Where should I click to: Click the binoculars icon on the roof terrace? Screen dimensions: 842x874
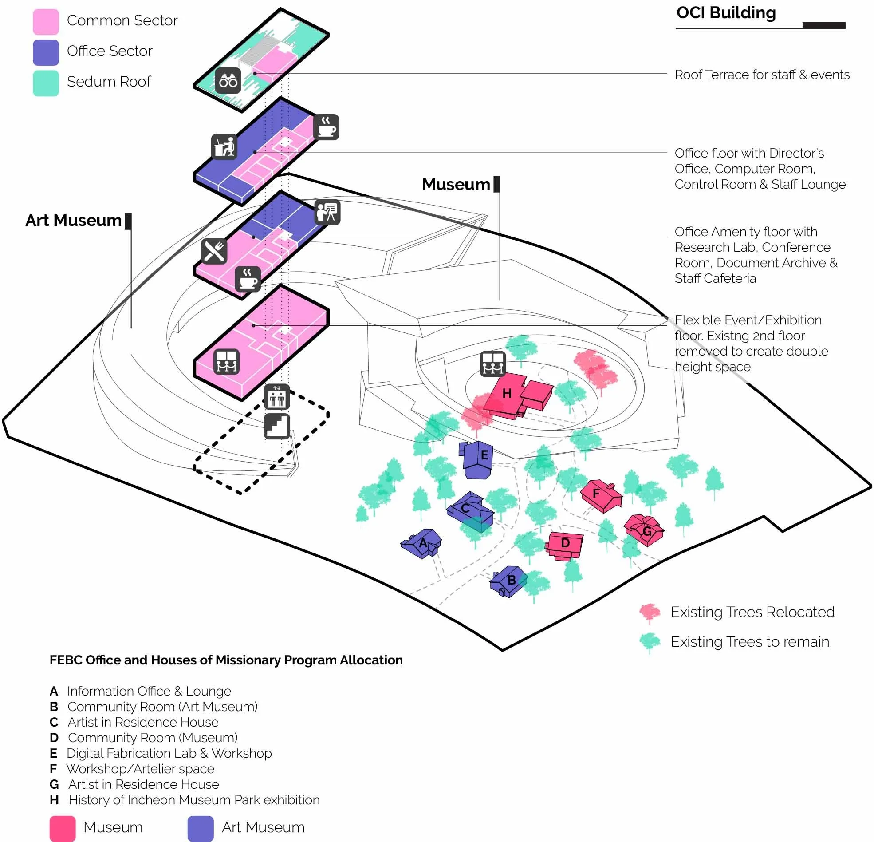(228, 81)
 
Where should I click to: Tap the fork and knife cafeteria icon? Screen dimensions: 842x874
(214, 251)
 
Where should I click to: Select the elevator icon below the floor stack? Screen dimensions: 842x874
(277, 397)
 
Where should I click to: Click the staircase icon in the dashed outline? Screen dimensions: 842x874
(277, 426)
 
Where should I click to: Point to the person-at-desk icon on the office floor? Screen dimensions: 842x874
(224, 146)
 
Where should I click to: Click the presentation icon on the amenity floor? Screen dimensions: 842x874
(327, 212)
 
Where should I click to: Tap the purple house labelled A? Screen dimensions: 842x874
(421, 543)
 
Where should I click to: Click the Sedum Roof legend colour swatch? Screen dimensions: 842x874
(46, 83)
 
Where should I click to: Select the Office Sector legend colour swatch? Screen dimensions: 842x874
(46, 52)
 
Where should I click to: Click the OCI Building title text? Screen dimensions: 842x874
(725, 12)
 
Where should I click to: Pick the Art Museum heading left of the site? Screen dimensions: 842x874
(73, 221)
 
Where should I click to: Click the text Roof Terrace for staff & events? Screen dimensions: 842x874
(762, 75)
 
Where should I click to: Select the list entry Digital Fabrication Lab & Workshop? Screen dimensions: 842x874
(169, 753)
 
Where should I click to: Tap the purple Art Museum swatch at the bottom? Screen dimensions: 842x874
(200, 828)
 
